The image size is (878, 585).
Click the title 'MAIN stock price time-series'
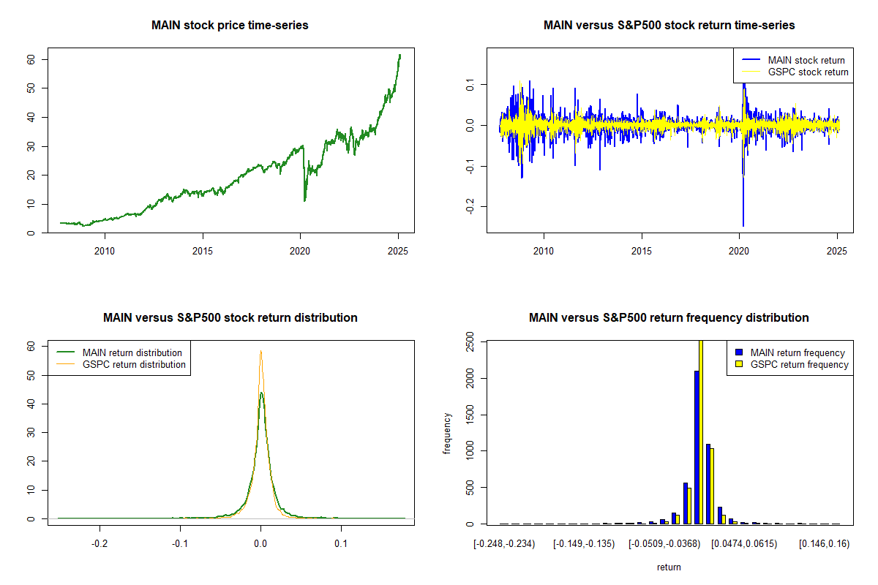(x=230, y=26)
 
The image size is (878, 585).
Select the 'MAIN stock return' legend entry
(x=806, y=61)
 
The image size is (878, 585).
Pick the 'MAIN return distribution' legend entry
(x=132, y=353)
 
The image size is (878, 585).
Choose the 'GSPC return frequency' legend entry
(x=799, y=365)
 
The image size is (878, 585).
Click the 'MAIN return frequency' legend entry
(x=798, y=353)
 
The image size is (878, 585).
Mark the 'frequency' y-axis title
(x=448, y=434)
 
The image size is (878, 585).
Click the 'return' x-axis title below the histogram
(x=669, y=567)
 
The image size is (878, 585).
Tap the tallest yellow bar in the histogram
(x=701, y=431)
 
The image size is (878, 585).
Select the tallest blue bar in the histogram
(x=696, y=448)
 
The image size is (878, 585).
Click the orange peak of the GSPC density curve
(x=260, y=351)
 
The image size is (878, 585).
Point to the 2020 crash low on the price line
(x=304, y=200)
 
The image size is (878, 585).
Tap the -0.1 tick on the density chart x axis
(x=180, y=544)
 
